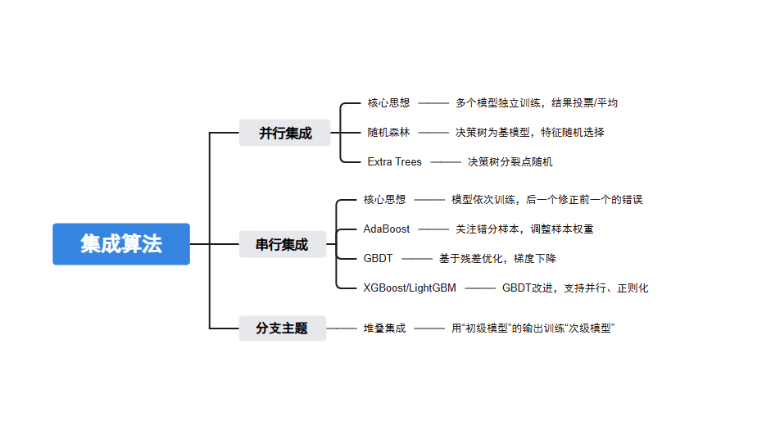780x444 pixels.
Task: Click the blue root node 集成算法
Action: point(121,244)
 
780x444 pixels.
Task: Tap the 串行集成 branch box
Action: point(282,244)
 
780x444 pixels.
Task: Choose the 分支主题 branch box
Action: point(282,328)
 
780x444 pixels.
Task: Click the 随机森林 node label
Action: point(388,132)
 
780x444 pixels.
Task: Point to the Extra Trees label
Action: point(394,162)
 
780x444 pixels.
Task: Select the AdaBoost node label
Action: point(387,229)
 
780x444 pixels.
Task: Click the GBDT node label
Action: point(378,259)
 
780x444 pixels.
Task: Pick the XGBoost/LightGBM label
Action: point(410,288)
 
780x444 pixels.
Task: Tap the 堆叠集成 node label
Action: point(384,328)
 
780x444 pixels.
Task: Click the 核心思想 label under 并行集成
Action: point(388,103)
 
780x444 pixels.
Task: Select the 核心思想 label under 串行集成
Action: point(384,200)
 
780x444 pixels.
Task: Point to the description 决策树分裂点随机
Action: point(510,162)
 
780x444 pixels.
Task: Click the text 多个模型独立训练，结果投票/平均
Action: point(537,103)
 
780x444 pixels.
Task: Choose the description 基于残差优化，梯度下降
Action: point(497,259)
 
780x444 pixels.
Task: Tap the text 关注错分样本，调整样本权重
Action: point(524,229)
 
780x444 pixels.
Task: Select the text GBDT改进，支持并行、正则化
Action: point(575,288)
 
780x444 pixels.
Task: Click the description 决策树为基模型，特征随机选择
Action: point(530,132)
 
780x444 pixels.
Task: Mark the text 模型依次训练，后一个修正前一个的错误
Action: point(546,200)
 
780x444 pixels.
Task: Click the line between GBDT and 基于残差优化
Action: point(416,259)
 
